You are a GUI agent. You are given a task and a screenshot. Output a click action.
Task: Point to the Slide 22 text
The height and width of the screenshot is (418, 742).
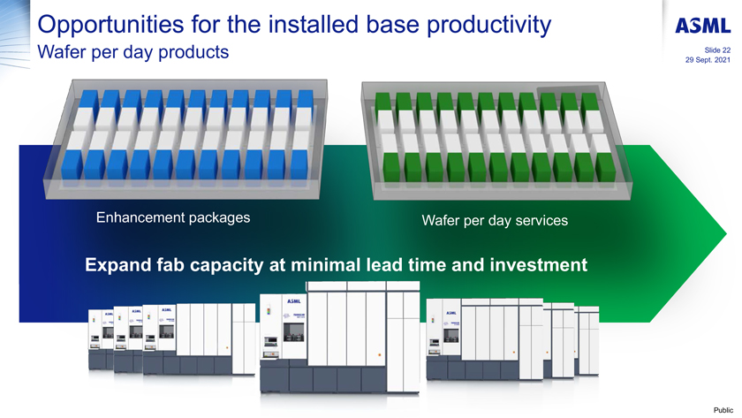click(x=714, y=50)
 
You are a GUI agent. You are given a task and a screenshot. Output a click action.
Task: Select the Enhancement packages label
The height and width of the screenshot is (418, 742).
click(x=172, y=217)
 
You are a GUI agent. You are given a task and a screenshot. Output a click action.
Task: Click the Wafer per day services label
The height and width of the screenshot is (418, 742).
click(x=495, y=219)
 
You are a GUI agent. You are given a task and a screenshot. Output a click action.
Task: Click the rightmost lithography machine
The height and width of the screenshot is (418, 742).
click(x=583, y=340)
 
